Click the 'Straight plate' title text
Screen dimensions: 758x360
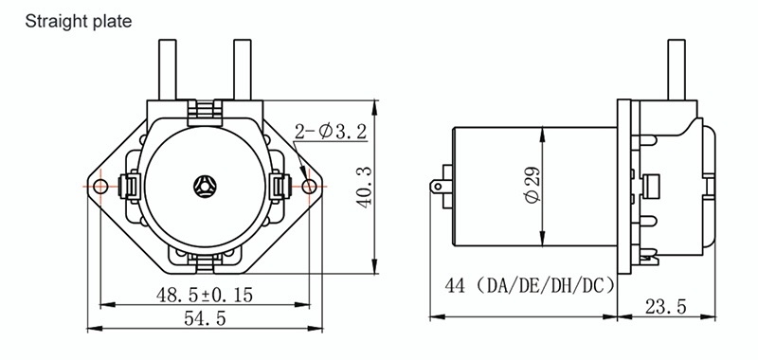tap(79, 22)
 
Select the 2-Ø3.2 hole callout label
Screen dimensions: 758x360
tap(331, 132)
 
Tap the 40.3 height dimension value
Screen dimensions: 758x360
tap(365, 187)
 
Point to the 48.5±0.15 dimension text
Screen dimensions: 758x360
tap(205, 295)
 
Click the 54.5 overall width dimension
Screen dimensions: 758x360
tap(205, 318)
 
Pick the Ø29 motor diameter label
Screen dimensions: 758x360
tap(532, 186)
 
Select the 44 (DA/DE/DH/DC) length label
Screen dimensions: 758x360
tap(530, 285)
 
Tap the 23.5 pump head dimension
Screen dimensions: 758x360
tap(665, 306)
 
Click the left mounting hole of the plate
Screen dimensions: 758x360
tap(100, 186)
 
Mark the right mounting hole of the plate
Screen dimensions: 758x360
tap(310, 186)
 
